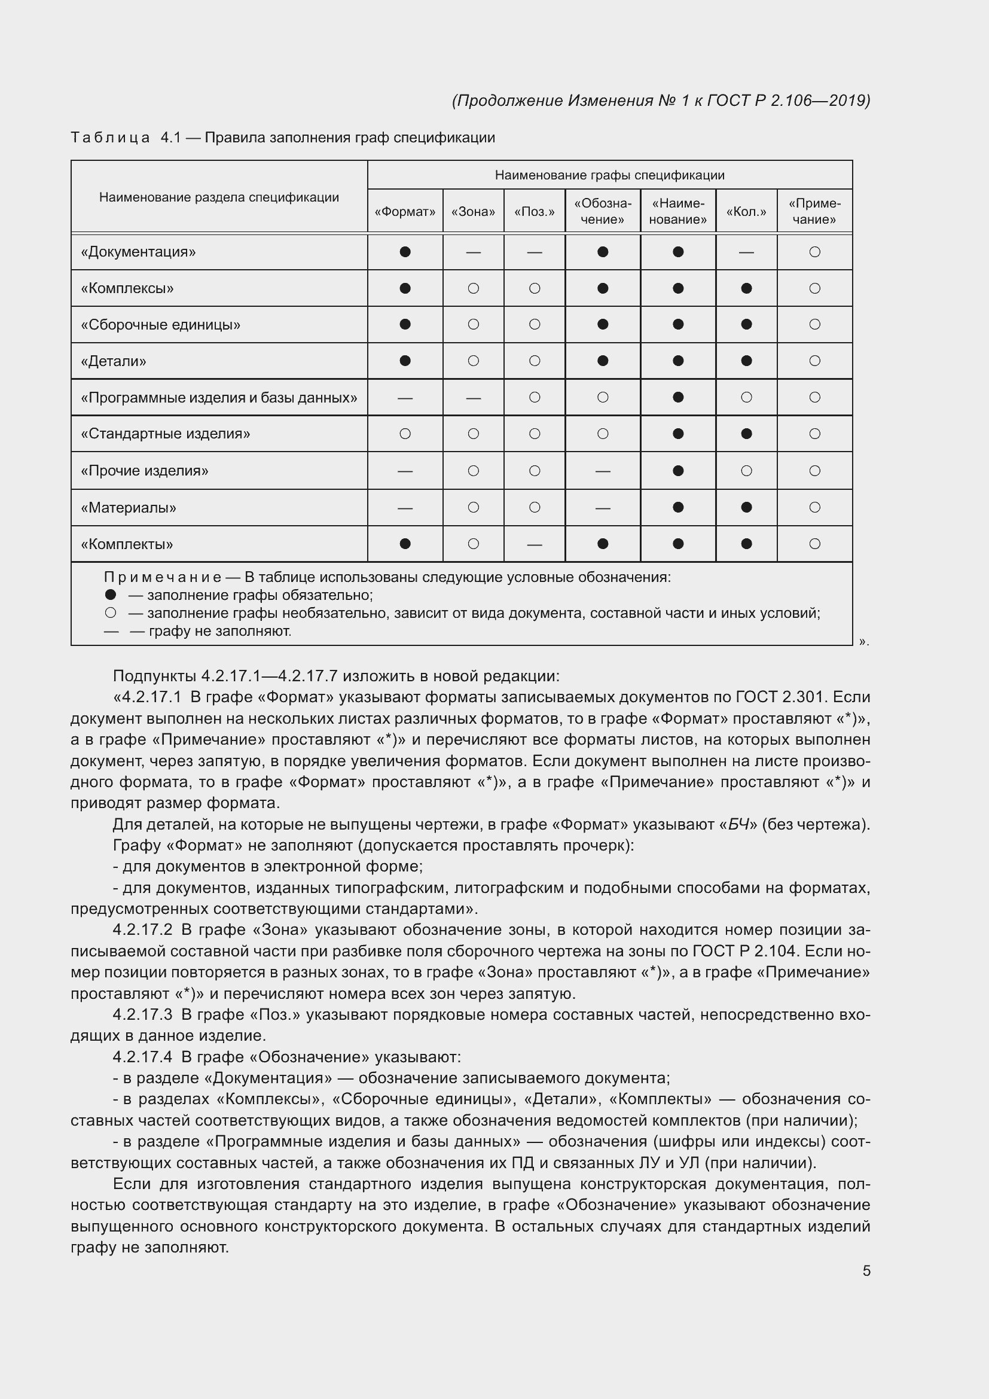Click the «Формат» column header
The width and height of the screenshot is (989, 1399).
click(405, 211)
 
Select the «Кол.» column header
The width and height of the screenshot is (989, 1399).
click(746, 211)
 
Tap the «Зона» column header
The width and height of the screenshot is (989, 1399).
click(473, 211)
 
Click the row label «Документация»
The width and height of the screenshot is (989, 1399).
click(138, 252)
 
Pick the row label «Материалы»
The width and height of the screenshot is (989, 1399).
click(129, 508)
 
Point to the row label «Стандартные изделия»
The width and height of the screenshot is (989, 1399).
click(165, 434)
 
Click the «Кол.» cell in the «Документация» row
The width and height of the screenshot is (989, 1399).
click(746, 252)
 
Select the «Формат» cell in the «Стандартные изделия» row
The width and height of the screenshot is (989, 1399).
click(405, 434)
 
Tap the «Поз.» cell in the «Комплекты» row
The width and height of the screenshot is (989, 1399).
click(534, 544)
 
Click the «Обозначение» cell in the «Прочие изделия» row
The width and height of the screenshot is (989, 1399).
click(602, 471)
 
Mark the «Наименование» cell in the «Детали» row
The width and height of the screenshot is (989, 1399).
click(678, 361)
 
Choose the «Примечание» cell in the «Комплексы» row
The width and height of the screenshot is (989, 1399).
click(814, 288)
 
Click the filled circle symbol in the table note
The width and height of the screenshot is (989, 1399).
click(110, 595)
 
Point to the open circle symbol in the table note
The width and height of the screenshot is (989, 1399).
click(110, 613)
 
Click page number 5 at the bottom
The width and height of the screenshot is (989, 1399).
click(866, 1270)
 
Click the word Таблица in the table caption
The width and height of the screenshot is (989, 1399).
click(110, 138)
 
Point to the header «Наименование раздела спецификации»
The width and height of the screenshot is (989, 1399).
click(219, 197)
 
